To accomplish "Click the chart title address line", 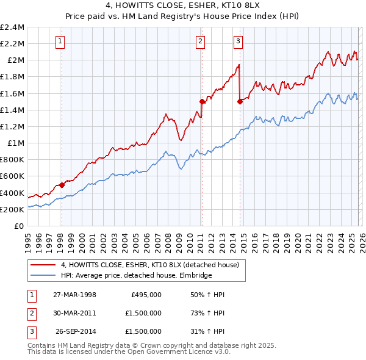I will tap(182, 6).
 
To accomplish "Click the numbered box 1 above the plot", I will tap(61, 41).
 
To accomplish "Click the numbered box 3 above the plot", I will tap(238, 41).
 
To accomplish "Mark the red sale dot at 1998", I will tap(62, 185).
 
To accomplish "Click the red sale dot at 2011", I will tap(201, 102).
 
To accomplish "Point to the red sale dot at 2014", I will tap(240, 102).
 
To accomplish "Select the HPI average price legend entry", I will tap(135, 276).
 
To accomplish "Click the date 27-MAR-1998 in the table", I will tap(75, 295).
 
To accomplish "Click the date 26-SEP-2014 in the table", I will tap(75, 331).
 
